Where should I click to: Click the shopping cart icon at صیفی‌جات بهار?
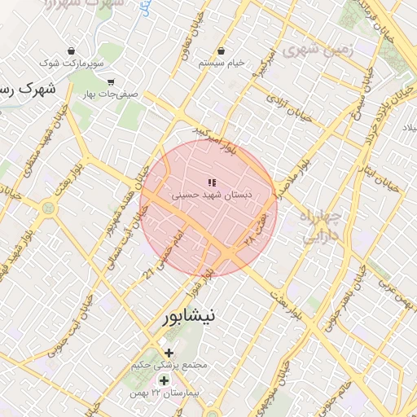tap(111, 82)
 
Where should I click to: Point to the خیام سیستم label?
tap(223, 63)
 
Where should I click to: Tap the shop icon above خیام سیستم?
tap(222, 50)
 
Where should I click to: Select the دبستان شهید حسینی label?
tap(211, 196)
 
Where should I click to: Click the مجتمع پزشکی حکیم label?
tap(169, 366)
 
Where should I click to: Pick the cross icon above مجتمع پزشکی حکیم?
tap(169, 353)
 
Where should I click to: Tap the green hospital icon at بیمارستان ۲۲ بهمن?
tap(164, 381)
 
